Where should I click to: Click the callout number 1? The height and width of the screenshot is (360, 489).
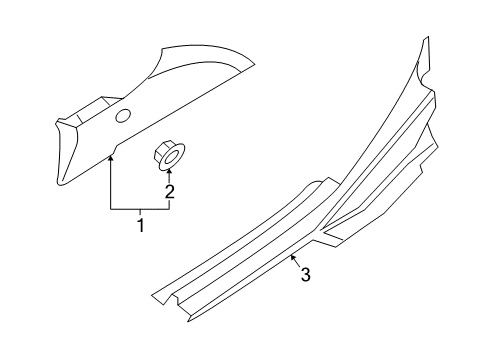point(141,226)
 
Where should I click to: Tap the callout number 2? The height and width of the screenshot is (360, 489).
point(170,192)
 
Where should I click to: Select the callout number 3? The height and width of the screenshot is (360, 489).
point(305,274)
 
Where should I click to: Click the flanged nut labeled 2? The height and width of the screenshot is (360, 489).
point(167,154)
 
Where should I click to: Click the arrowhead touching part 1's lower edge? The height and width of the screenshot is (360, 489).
point(111,156)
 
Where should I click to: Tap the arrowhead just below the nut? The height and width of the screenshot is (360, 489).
point(168,173)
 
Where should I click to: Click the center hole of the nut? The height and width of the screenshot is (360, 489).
point(167,153)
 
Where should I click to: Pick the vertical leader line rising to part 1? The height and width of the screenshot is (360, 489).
point(111,185)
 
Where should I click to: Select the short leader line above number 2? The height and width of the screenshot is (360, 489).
point(168,178)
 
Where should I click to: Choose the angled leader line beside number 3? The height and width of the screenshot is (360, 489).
point(295,263)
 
